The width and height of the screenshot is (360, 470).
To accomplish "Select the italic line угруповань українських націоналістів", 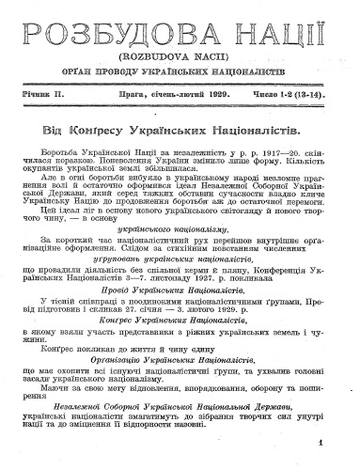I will pos(175,258).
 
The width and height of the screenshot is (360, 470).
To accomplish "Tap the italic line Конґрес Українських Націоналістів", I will pos(175,321).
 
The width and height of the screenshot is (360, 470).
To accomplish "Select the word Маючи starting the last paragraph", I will pos(57,384).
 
